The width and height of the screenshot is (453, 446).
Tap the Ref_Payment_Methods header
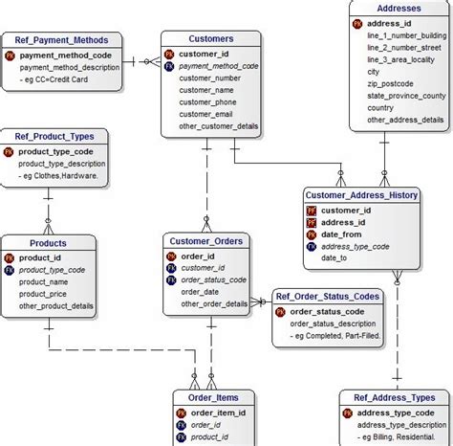point(68,40)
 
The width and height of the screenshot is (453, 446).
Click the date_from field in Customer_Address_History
point(341,234)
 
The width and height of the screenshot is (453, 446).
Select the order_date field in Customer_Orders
point(200,292)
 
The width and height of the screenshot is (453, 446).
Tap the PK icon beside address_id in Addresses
point(357,22)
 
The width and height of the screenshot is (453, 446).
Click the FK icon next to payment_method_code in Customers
point(169,66)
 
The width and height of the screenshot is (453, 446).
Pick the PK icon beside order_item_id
point(182,413)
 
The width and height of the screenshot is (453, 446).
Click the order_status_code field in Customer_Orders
point(213,279)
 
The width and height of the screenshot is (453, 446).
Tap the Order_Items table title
point(213,397)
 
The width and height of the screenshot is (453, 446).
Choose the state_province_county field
point(406,96)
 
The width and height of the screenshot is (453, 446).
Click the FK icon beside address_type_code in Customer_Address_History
point(312,246)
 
